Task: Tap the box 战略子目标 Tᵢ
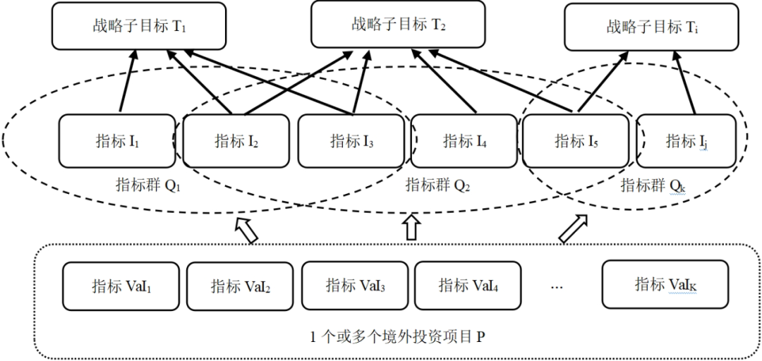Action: click(x=652, y=27)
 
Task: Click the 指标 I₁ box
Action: click(x=116, y=141)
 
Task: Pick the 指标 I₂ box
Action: click(x=236, y=141)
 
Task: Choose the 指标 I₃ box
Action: click(x=351, y=141)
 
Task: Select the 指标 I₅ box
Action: click(x=576, y=141)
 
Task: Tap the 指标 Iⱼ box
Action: click(x=686, y=141)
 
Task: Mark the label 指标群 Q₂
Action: click(x=437, y=185)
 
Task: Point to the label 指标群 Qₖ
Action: click(x=653, y=185)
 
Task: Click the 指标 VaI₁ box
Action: click(x=121, y=286)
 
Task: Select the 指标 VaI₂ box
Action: click(x=240, y=286)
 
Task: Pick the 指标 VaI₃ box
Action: click(x=355, y=286)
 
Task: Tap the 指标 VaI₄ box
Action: click(x=468, y=286)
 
